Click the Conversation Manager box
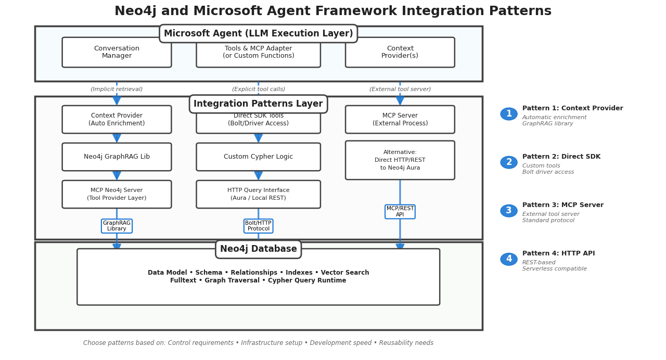(x=117, y=52)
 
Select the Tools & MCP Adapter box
(x=258, y=54)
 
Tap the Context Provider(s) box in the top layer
(x=400, y=52)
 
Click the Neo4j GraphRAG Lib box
(x=117, y=157)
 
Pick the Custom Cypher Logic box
(x=258, y=157)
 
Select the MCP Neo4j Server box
(x=117, y=194)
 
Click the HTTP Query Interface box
(x=258, y=194)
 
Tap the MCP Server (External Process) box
(x=400, y=120)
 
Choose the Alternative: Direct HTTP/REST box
(x=400, y=160)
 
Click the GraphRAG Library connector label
(x=117, y=226)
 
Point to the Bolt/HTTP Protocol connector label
(x=258, y=226)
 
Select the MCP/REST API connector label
(x=400, y=212)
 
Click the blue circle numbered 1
(x=509, y=114)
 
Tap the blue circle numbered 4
(x=509, y=259)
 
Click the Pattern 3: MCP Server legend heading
(x=562, y=205)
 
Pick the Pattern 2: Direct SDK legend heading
(x=561, y=157)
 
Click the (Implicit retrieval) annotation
(x=117, y=89)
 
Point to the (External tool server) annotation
(x=400, y=89)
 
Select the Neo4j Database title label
(x=258, y=249)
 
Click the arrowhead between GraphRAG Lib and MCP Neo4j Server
(x=117, y=176)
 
